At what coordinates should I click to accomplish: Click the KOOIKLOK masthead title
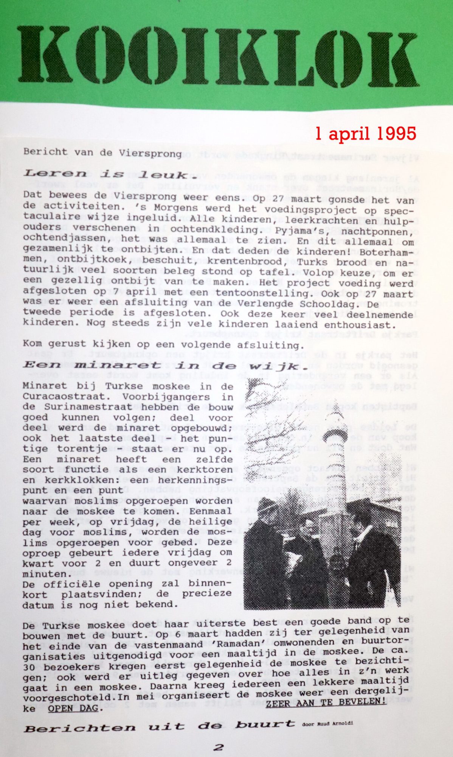point(218,55)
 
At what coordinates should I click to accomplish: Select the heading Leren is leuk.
point(105,175)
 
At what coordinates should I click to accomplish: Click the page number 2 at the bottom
point(218,747)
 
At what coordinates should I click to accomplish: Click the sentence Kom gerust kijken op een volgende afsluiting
point(163,345)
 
